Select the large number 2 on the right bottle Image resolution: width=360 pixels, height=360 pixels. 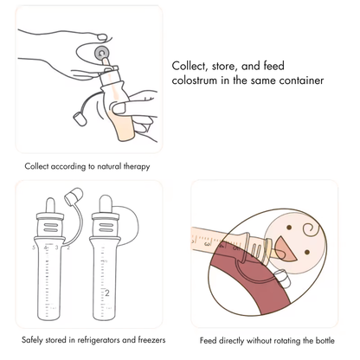(107, 292)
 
